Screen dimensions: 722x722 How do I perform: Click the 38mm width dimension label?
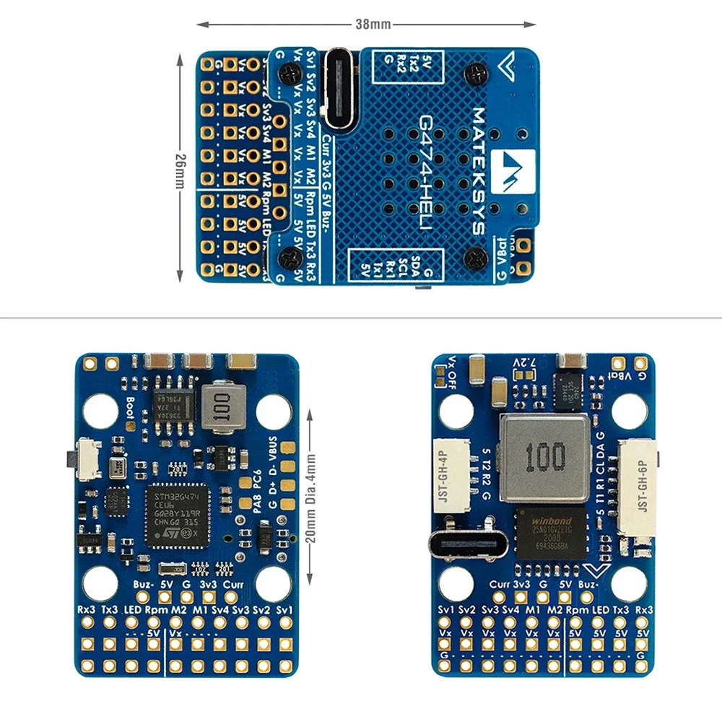pos(373,25)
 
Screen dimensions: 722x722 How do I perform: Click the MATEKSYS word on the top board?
pos(477,170)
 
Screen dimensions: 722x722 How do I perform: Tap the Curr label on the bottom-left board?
pos(232,583)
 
